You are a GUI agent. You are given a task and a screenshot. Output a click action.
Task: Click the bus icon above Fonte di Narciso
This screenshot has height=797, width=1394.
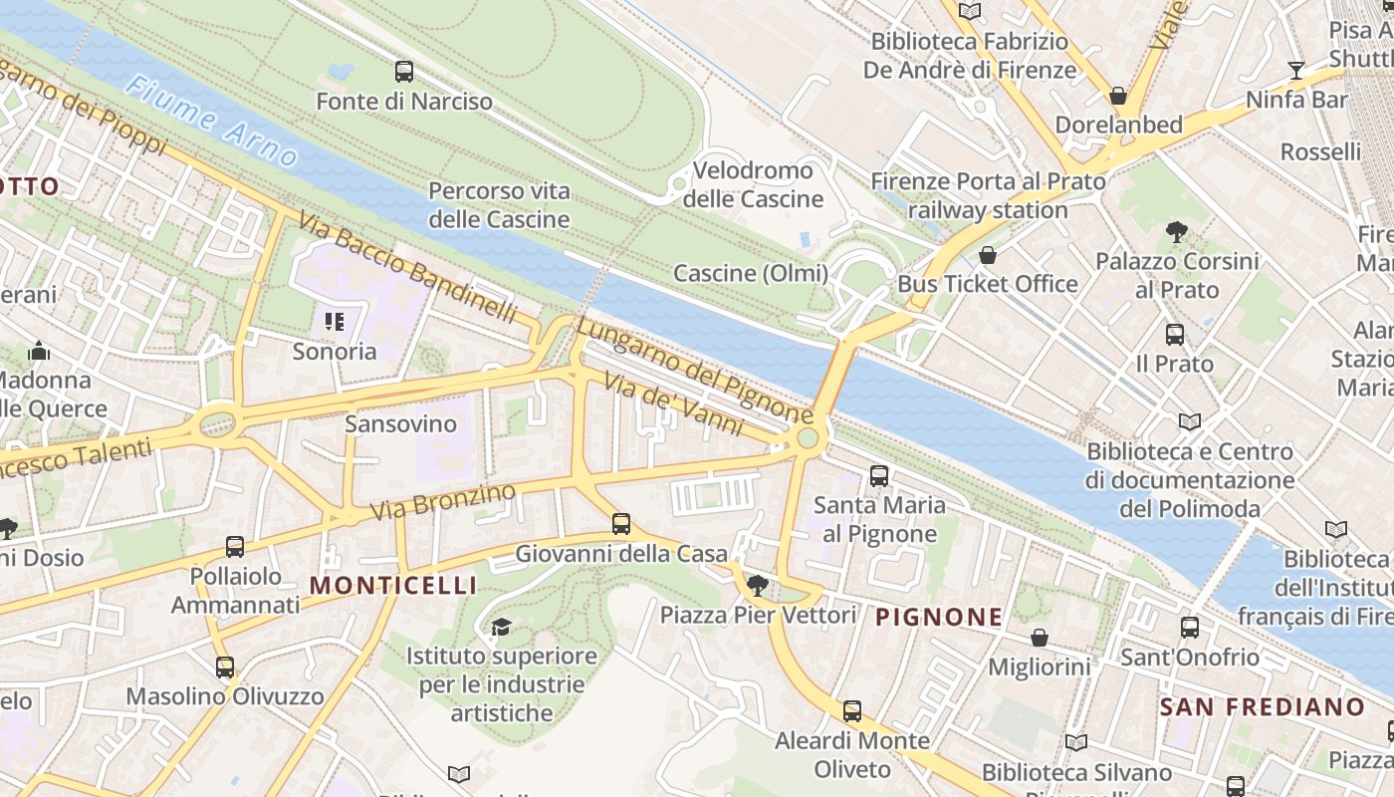click(x=403, y=72)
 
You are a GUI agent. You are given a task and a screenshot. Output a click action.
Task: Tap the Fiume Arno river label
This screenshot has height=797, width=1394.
click(x=211, y=122)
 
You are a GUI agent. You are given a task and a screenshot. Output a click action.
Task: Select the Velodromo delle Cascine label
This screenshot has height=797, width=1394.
click(x=753, y=184)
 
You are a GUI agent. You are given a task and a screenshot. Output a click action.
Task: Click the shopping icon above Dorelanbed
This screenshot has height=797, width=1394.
click(x=1118, y=97)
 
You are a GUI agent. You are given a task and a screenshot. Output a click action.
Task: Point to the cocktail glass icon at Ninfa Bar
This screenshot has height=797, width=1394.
click(x=1295, y=70)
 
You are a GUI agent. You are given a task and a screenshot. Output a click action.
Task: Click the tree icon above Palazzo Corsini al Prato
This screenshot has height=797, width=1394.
click(x=1176, y=233)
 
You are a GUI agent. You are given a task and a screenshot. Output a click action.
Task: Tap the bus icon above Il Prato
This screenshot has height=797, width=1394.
click(x=1175, y=335)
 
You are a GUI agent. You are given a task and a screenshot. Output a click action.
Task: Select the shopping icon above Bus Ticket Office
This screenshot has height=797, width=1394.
click(x=987, y=256)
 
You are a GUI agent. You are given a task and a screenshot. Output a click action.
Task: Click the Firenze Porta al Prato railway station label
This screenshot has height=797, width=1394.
click(x=988, y=196)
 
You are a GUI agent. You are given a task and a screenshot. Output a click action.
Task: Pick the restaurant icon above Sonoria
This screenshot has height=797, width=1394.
click(x=334, y=322)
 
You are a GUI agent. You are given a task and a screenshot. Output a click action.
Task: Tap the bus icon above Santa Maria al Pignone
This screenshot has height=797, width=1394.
click(x=878, y=476)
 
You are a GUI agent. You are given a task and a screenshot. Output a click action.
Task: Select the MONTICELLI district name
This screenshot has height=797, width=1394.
click(x=393, y=586)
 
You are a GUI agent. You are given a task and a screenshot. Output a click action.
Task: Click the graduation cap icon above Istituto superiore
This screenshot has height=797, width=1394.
click(x=501, y=627)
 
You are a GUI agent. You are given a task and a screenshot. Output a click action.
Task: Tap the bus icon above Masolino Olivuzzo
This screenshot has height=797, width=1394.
click(x=225, y=667)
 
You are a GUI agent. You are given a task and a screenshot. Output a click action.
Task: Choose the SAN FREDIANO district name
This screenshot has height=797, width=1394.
click(x=1262, y=707)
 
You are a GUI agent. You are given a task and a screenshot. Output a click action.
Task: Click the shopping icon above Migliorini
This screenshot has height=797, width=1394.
click(x=1039, y=638)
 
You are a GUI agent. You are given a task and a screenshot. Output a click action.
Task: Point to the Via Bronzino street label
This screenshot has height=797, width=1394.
click(x=443, y=501)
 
